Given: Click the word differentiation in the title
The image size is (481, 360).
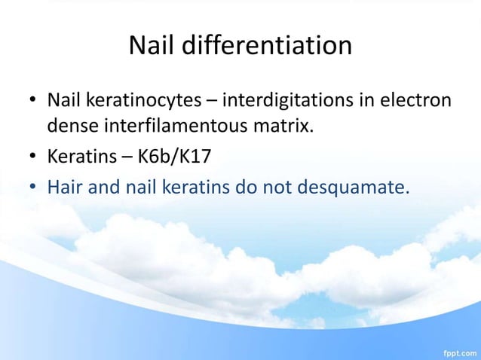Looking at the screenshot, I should pyautogui.click(x=268, y=45).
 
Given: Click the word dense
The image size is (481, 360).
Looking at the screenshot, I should pyautogui.click(x=69, y=126).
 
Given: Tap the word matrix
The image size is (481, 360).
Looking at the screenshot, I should pyautogui.click(x=284, y=126).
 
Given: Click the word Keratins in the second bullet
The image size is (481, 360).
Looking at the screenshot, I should pyautogui.click(x=78, y=158).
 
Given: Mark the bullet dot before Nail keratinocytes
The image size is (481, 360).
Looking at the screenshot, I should pyautogui.click(x=32, y=101).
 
